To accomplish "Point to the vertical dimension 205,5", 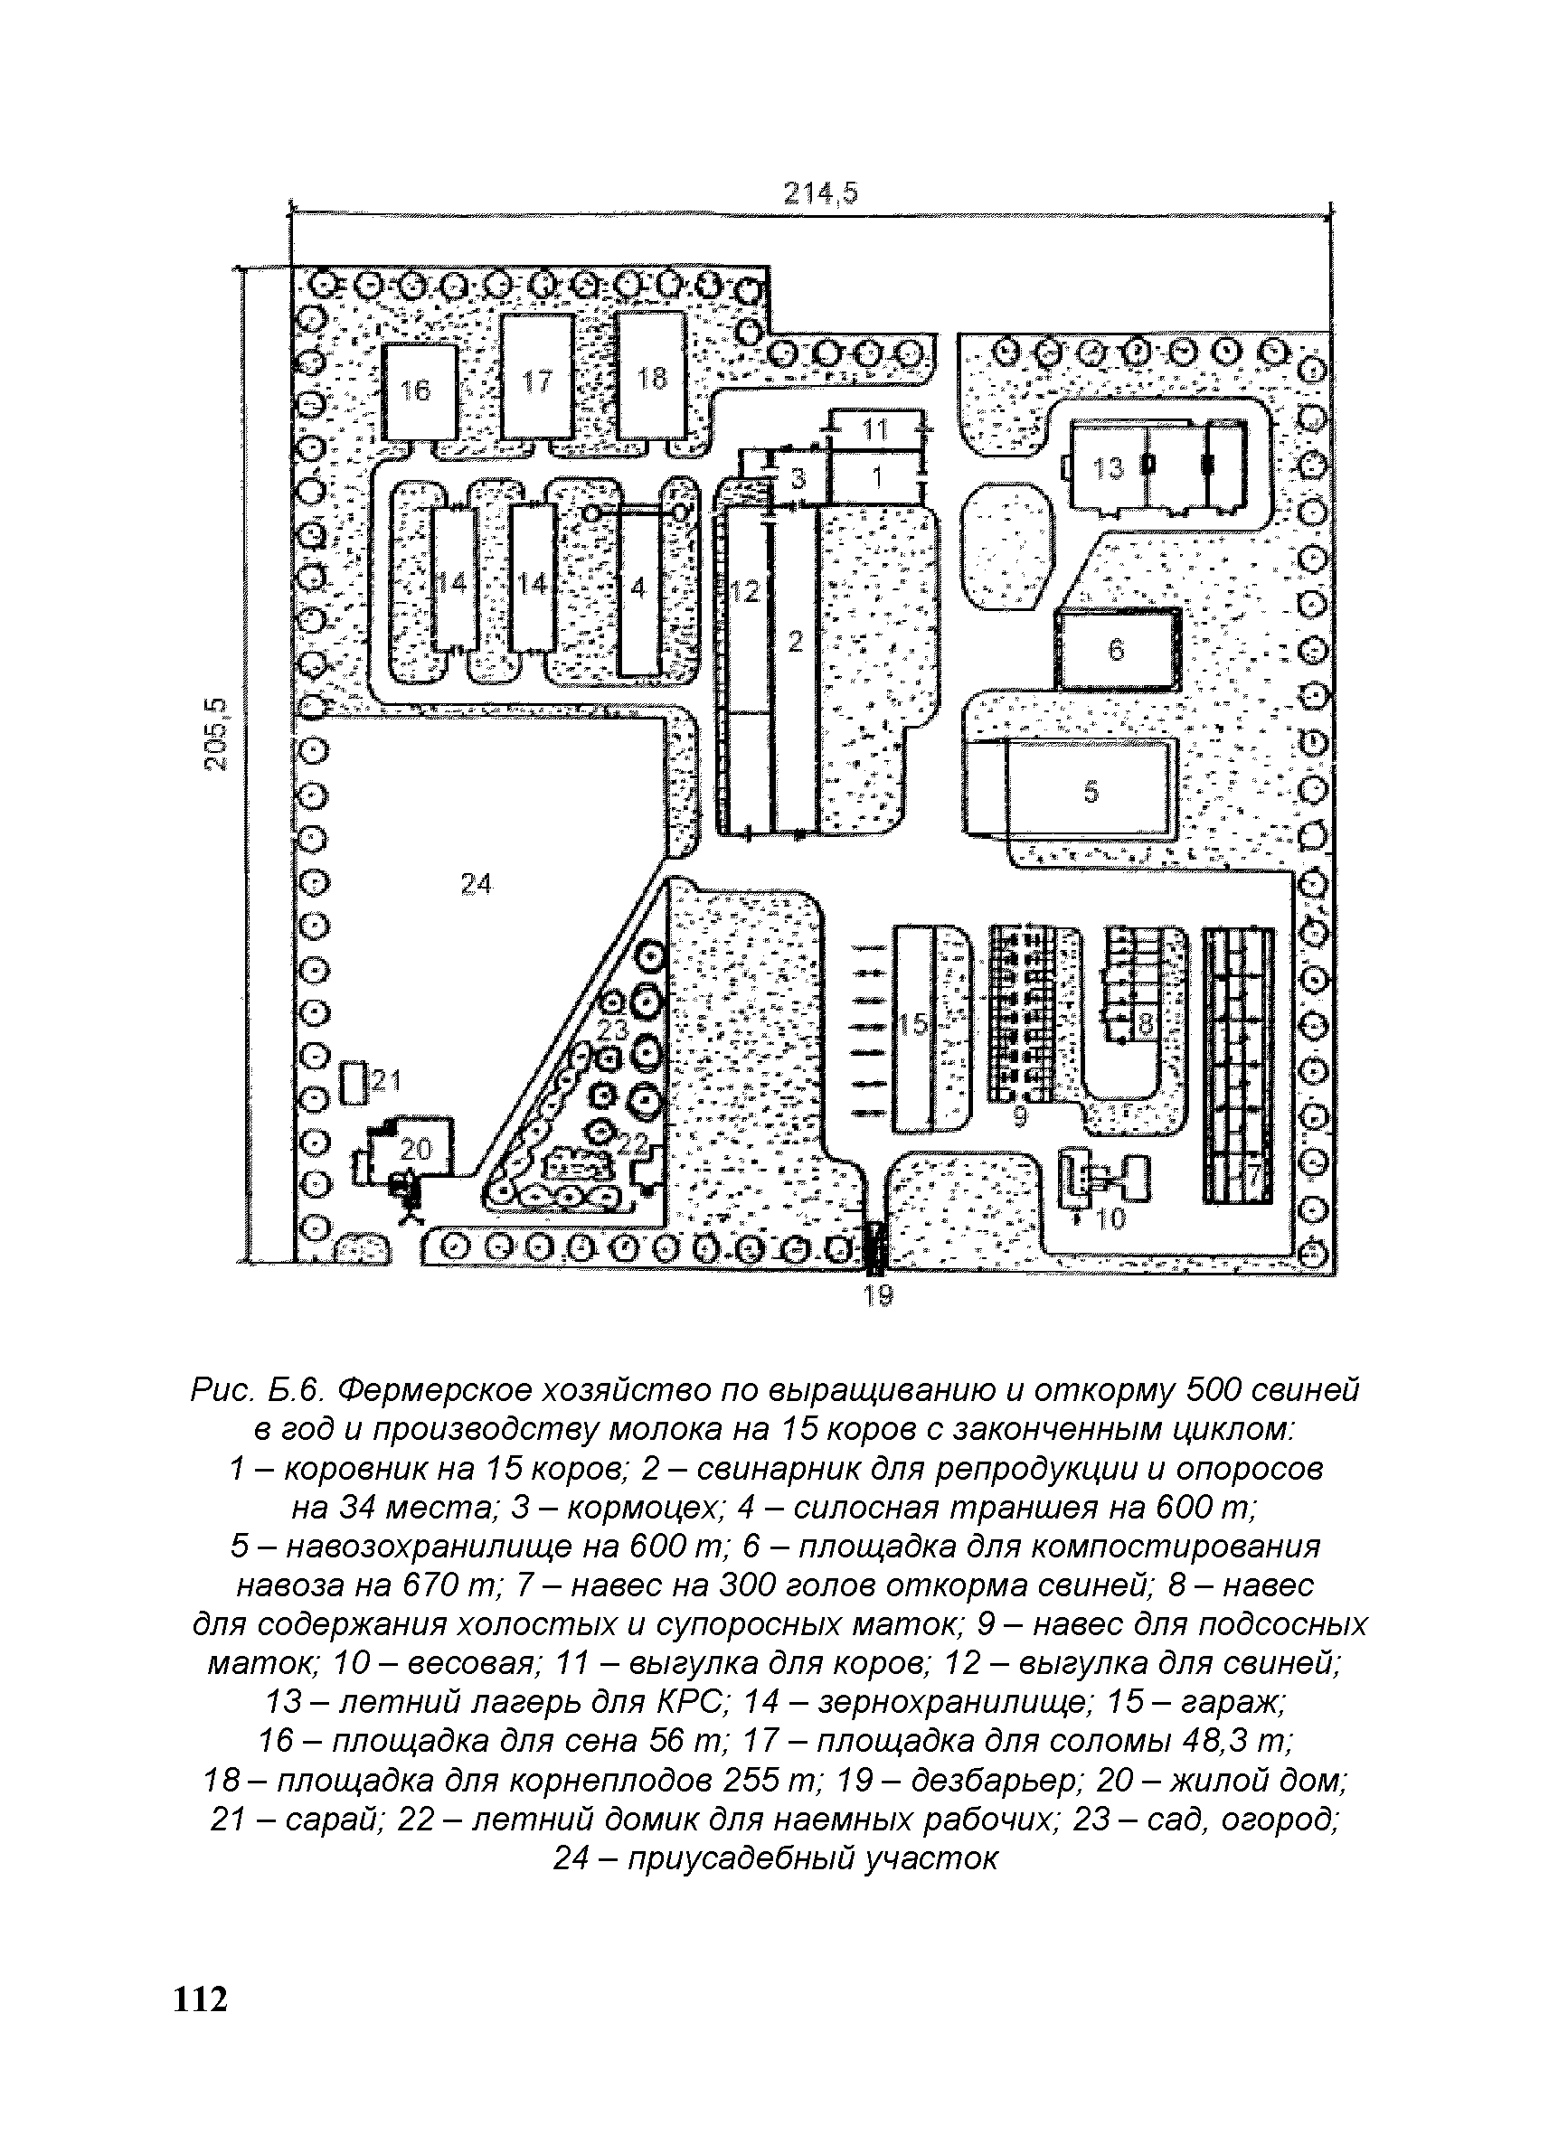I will [x=218, y=732].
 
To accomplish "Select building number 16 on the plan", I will [x=420, y=390].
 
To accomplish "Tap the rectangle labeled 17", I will [x=537, y=379].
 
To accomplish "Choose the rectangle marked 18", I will [x=651, y=377].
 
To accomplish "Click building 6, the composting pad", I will [x=1117, y=649].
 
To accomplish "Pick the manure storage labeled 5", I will [x=1091, y=790].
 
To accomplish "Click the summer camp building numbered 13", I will [x=1109, y=468].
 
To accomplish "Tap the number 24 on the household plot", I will [x=477, y=884].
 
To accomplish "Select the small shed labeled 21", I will [x=354, y=1083].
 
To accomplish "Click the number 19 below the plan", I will [x=878, y=1296].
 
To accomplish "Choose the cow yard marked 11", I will [x=875, y=429].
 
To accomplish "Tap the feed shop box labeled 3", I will [x=798, y=479].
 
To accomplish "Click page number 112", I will [x=201, y=2017].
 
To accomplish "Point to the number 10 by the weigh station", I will [x=1111, y=1220].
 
